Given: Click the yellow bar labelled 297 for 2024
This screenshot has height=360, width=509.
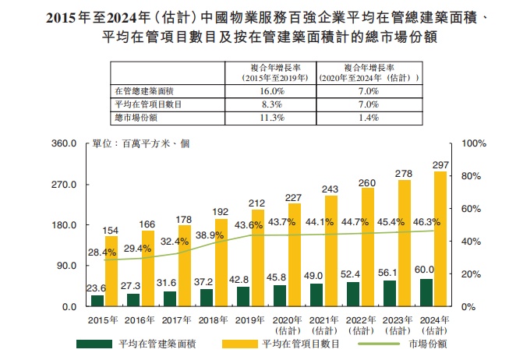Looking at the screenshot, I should pos(440,238).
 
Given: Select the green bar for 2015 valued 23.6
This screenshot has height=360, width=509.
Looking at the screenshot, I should pos(97,301).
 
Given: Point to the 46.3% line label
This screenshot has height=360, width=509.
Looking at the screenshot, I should pos(428,222).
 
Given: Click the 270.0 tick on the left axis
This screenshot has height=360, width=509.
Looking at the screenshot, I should pos(63,185).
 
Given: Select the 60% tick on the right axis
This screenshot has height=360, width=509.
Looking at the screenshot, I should pos(474,209).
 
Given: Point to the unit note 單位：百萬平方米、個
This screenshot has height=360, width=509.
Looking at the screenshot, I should pos(141,143).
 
